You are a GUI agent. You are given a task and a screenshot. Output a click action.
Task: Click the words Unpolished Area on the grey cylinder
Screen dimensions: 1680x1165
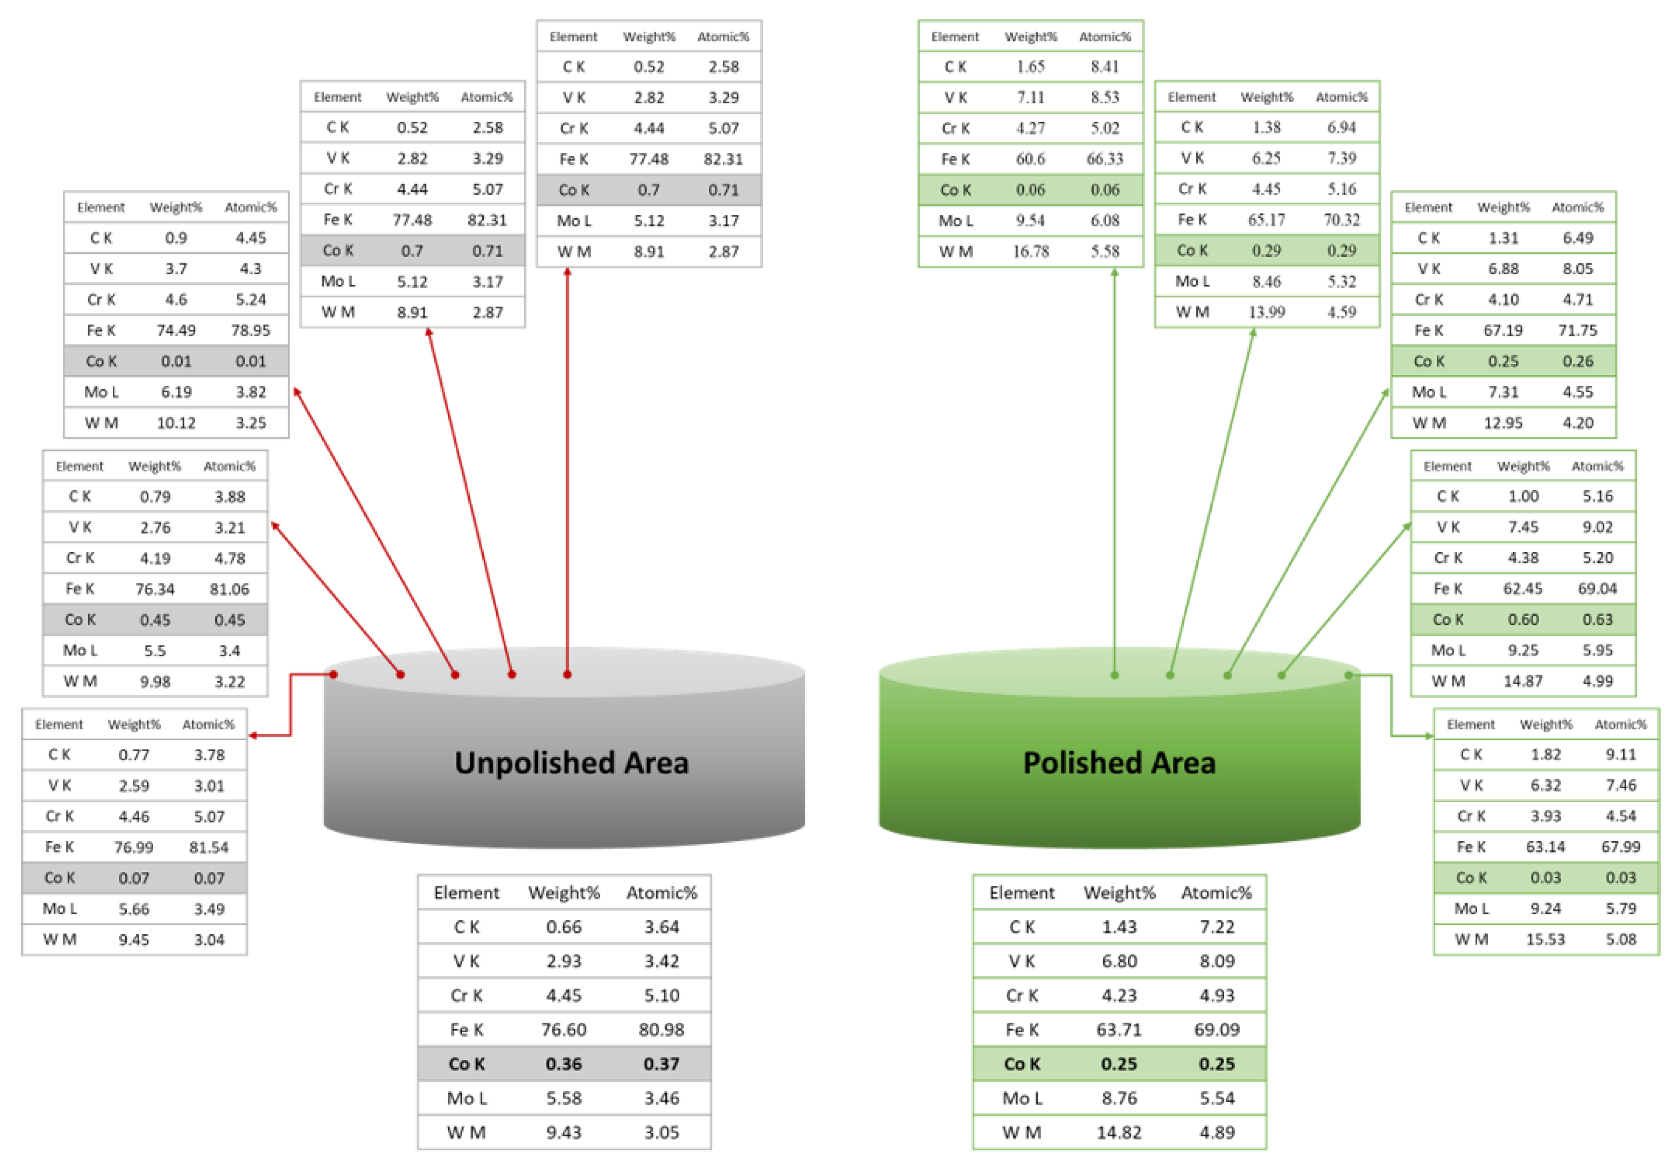point(571,763)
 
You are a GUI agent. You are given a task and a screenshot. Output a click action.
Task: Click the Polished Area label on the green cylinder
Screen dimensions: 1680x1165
point(1119,763)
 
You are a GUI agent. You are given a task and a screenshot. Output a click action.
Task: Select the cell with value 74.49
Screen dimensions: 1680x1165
point(176,331)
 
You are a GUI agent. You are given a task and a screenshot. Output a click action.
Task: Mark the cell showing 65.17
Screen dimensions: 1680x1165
point(1266,220)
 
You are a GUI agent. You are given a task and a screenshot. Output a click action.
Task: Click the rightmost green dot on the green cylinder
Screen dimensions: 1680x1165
point(1349,675)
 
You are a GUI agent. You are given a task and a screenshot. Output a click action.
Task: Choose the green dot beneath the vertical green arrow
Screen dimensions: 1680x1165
point(1114,675)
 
